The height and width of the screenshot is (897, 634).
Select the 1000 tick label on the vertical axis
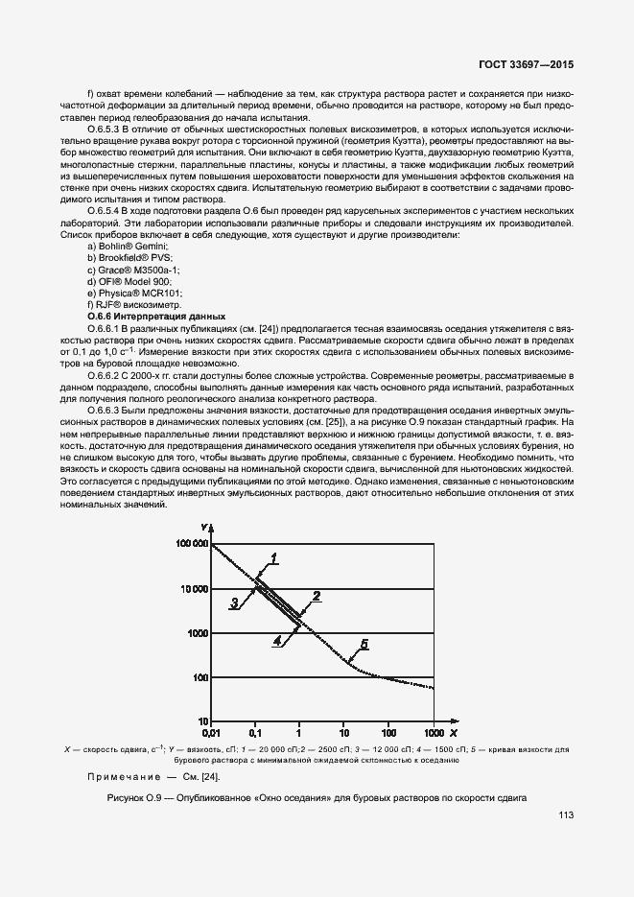click(x=196, y=633)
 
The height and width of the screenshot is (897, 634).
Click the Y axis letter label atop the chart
click(x=205, y=529)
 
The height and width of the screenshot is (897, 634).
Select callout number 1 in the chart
click(x=273, y=557)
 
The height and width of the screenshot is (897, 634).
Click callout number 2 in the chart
click(x=316, y=596)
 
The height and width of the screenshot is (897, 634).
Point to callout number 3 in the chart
click(x=233, y=603)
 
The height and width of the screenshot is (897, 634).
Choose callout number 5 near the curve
click(x=364, y=643)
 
